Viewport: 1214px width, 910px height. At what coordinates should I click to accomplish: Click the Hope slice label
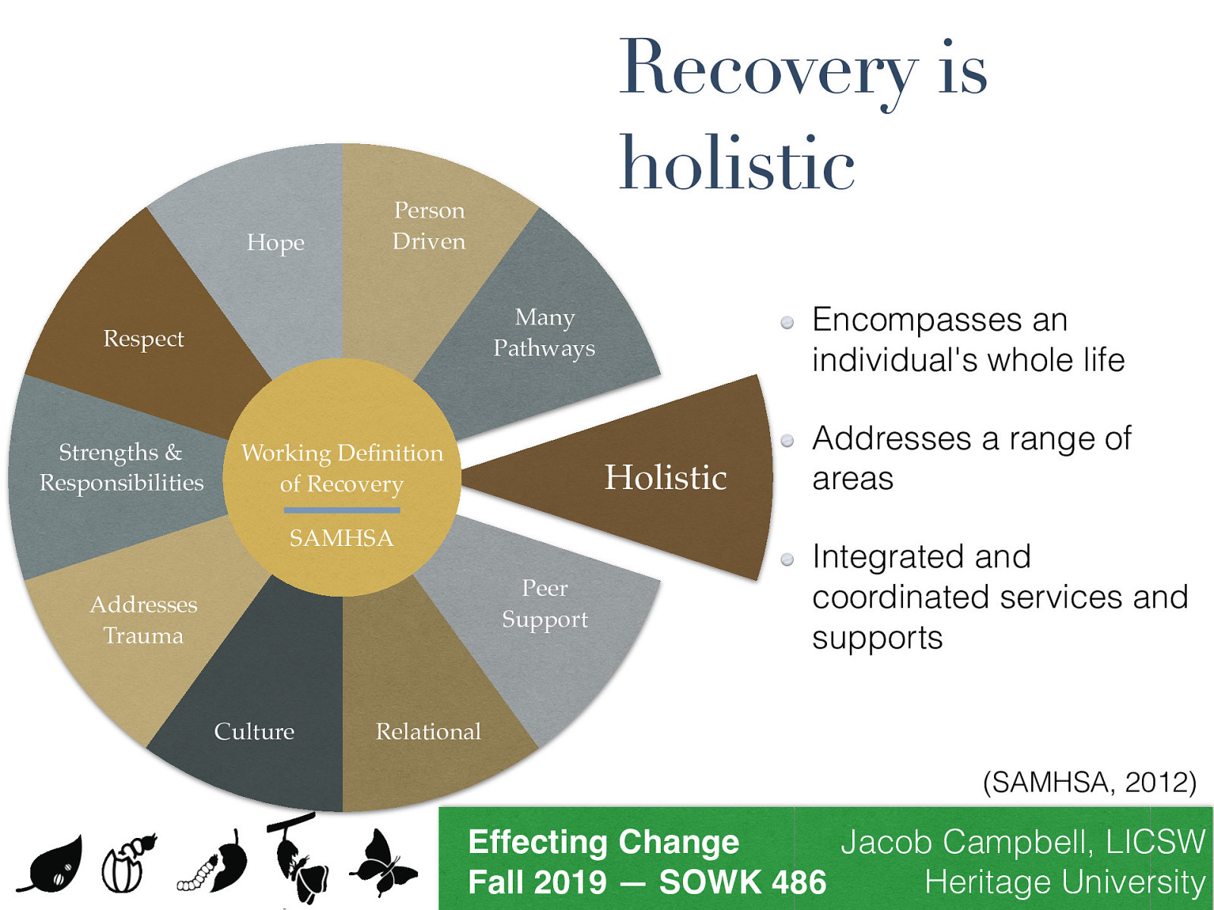[275, 242]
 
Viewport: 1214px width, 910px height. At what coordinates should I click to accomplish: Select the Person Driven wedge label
[429, 225]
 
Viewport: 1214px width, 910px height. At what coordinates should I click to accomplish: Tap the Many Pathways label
[544, 332]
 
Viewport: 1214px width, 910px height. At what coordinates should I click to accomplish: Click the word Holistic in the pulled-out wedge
[665, 478]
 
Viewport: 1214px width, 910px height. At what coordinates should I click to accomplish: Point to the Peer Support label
[545, 604]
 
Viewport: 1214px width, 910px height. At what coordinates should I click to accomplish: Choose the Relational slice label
[428, 731]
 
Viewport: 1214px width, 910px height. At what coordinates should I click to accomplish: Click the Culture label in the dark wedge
[254, 731]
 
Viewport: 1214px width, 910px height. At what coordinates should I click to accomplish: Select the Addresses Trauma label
[143, 620]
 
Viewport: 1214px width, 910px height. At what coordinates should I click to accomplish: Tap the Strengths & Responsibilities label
[121, 467]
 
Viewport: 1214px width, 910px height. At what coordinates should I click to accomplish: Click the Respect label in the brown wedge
[143, 338]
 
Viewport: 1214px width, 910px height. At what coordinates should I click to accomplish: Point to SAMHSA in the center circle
[341, 538]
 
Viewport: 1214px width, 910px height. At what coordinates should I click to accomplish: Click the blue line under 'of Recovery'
[341, 510]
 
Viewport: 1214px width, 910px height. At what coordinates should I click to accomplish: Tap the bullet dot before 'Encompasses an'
[788, 322]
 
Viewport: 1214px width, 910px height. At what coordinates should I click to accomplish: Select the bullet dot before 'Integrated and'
[788, 560]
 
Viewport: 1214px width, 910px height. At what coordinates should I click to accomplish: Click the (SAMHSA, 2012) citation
[1089, 782]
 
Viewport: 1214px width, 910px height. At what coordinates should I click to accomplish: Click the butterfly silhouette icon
[383, 863]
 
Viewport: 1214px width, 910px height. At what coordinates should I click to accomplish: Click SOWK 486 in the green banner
[742, 882]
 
